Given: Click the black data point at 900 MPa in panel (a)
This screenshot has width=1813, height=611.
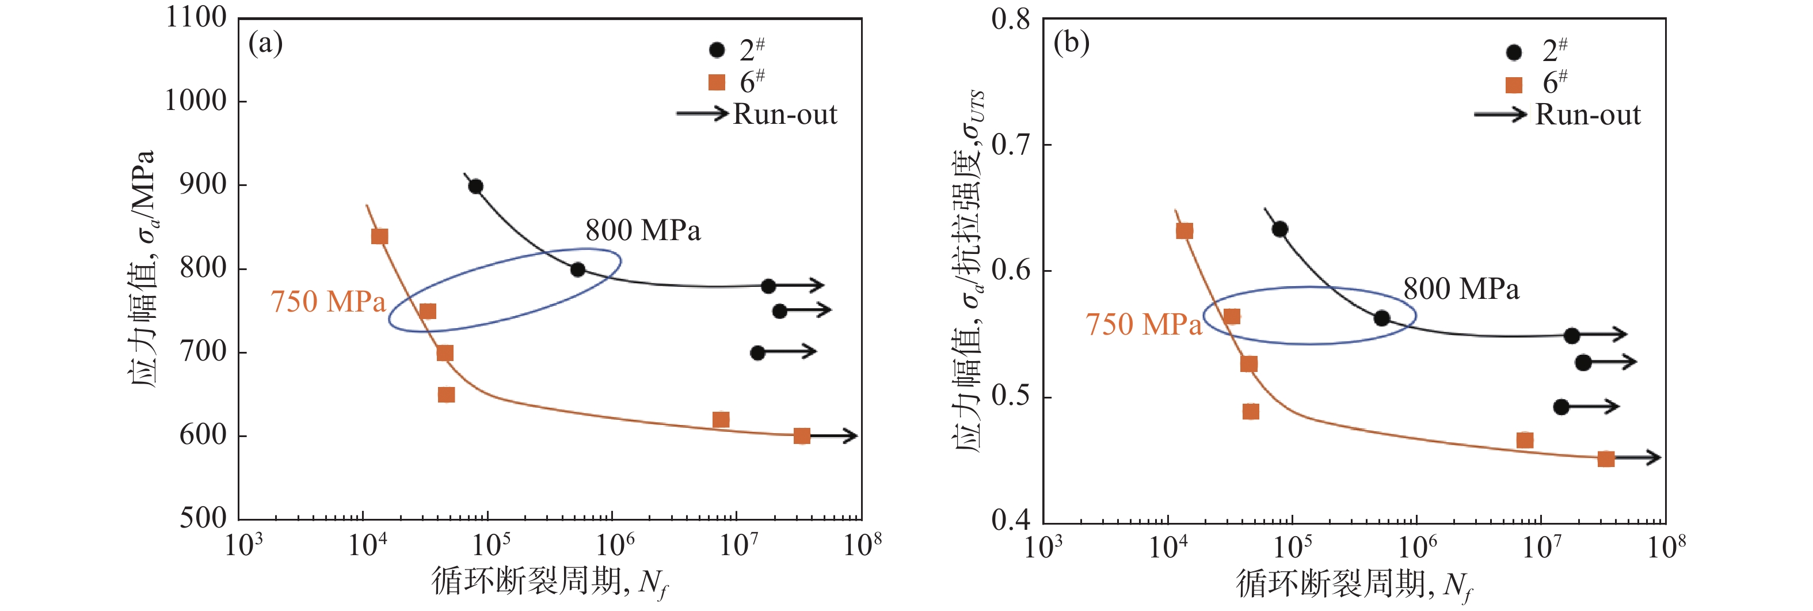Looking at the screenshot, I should point(476,187).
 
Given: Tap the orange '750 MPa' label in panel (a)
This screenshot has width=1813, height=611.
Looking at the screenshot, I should point(328,302).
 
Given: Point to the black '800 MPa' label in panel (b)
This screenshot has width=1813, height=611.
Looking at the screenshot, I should point(1461,289).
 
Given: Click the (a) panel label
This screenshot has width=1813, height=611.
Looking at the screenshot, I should point(265,44).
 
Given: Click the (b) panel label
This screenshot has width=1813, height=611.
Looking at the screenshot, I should point(1071,44).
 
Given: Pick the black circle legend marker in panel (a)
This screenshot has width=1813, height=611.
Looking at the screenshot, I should point(717,50).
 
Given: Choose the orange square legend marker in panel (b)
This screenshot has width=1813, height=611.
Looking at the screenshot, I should point(1514,85).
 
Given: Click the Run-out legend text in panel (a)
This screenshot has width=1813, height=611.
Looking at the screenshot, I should point(784,114).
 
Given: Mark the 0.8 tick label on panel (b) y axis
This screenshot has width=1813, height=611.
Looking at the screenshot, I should point(1011,20).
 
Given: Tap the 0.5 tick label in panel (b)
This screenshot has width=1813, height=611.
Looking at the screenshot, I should point(1011,396).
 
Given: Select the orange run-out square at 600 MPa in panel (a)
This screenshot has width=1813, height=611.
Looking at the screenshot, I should point(802,437).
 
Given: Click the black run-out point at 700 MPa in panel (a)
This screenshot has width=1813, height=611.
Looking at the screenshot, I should point(757,352).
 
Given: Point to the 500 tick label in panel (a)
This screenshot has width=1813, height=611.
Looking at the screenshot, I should point(203,518).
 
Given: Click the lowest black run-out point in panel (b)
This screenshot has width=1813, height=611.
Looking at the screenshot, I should point(1561,407).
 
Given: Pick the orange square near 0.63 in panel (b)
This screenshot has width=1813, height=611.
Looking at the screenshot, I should point(1184,231).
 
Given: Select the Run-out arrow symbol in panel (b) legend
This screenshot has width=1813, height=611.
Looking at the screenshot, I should point(1500,114).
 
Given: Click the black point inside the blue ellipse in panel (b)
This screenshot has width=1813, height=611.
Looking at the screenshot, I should point(1381,318).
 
